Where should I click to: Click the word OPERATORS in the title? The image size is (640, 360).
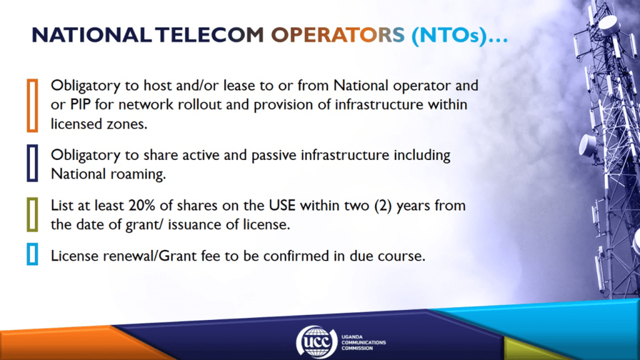pos(337,35)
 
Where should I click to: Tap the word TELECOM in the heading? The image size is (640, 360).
pos(209,35)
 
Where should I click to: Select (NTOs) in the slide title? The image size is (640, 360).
pos(449,36)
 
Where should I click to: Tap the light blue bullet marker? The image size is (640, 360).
pos(32,254)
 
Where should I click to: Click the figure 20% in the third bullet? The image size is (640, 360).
pos(142,205)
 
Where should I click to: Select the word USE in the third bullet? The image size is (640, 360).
pos(282,205)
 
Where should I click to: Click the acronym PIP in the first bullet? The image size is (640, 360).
pos(80,105)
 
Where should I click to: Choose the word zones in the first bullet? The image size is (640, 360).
pos(127,124)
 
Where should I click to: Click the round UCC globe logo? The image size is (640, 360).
pos(316,342)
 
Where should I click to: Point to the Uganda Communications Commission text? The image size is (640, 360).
pos(363,342)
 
